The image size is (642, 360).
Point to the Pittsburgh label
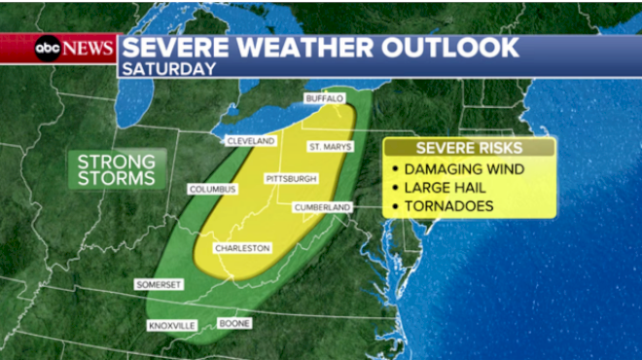pyautogui.click(x=291, y=179)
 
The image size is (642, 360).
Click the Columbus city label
pyautogui.click(x=213, y=189)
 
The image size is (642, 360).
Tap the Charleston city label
pyautogui.click(x=242, y=249)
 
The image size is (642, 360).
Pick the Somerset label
pyautogui.click(x=158, y=284)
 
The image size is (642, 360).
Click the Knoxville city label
pyautogui.click(x=172, y=325)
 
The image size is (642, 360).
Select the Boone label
pyautogui.click(x=233, y=323)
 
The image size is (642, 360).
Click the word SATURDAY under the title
pyautogui.click(x=169, y=69)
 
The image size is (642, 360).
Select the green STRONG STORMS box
pyautogui.click(x=116, y=169)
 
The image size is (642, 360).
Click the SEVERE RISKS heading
pyautogui.click(x=469, y=148)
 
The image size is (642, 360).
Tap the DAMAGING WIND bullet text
pyautogui.click(x=464, y=169)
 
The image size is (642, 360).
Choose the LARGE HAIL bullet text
pyautogui.click(x=449, y=188)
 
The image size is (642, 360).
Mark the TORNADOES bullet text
pyautogui.click(x=449, y=206)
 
